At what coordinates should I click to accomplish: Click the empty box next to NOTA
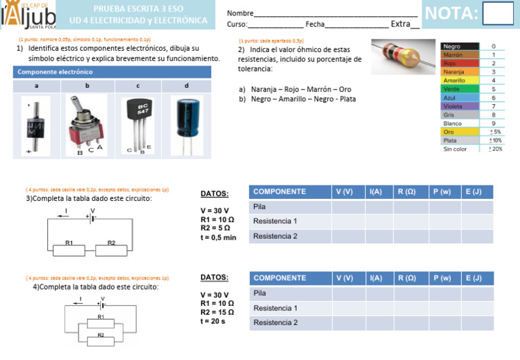[x=498, y=14]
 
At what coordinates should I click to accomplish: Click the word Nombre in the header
[x=240, y=14]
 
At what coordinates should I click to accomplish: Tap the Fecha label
[x=315, y=25]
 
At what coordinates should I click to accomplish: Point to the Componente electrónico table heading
[x=56, y=72]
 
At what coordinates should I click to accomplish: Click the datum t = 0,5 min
[x=219, y=238]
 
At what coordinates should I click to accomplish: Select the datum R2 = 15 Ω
[x=217, y=313]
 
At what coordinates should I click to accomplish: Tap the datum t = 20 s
[x=213, y=321]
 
